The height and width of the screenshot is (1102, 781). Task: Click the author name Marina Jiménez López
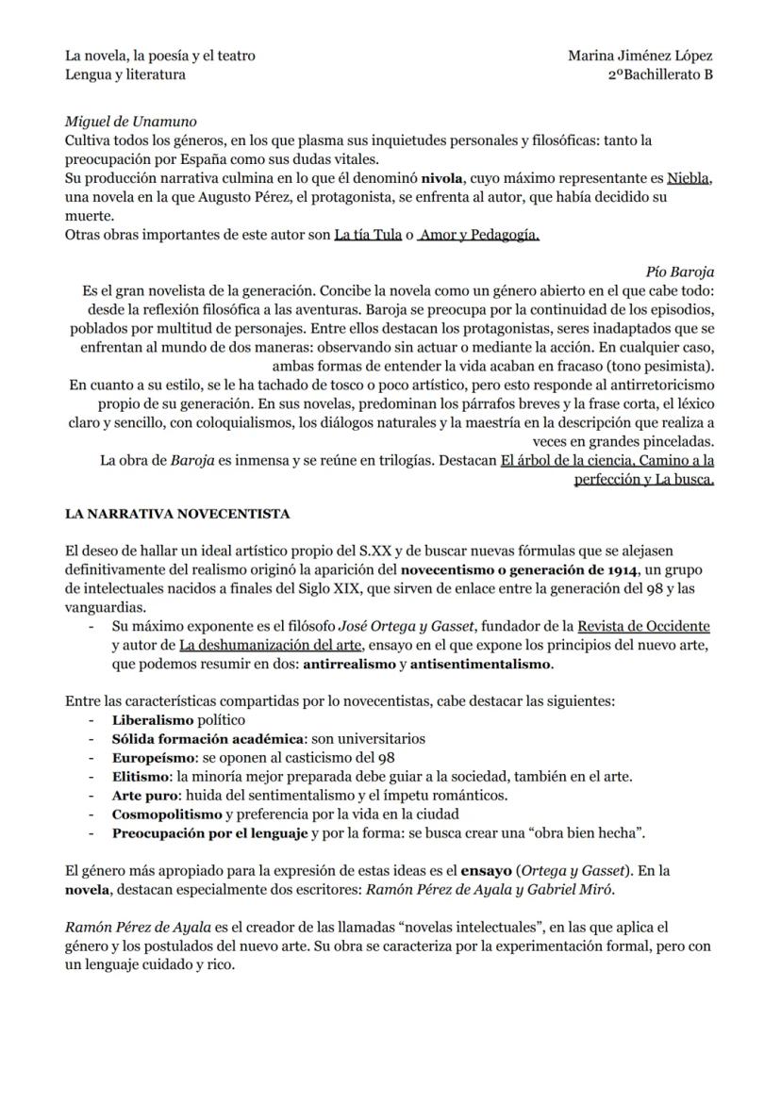[x=640, y=56]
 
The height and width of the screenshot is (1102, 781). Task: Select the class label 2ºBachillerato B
[x=660, y=74]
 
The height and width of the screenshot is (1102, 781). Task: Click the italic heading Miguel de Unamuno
[x=130, y=122]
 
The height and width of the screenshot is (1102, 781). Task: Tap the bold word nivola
[x=441, y=177]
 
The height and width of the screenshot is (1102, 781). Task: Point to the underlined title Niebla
[x=689, y=177]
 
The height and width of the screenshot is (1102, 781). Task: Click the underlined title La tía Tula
[x=368, y=235]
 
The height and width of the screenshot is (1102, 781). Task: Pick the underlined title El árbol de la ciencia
[x=560, y=461]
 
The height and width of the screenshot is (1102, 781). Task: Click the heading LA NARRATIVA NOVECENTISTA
[x=177, y=514]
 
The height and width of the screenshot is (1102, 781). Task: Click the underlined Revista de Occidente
[x=643, y=626]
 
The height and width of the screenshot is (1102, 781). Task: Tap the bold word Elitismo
[x=141, y=776]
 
